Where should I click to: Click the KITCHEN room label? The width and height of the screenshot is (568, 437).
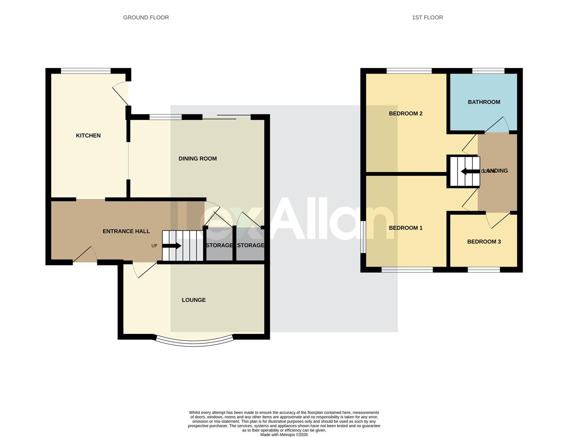point(88,136)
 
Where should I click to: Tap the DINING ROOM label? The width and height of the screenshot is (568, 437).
point(198,159)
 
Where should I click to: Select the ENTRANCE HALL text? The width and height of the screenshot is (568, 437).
point(126,231)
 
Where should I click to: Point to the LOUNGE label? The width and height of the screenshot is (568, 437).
point(194,300)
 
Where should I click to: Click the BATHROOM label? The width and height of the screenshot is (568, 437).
point(484,102)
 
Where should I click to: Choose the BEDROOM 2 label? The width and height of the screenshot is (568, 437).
point(406,114)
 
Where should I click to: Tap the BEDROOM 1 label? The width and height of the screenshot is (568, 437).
point(406,228)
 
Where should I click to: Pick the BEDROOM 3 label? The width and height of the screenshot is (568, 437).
point(484,242)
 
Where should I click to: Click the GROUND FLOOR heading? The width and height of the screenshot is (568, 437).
point(146,17)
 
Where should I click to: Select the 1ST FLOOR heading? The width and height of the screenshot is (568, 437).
point(427,17)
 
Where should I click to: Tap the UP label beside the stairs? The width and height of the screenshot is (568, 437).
point(154,246)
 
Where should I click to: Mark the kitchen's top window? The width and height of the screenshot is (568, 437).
point(85,71)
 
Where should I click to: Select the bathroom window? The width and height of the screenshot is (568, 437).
point(488,71)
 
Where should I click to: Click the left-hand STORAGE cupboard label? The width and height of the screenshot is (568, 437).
point(219,245)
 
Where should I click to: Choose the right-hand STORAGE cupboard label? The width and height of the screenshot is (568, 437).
point(250,245)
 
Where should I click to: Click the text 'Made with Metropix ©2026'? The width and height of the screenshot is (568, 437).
point(284,435)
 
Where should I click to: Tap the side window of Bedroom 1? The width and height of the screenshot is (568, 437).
point(363,237)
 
